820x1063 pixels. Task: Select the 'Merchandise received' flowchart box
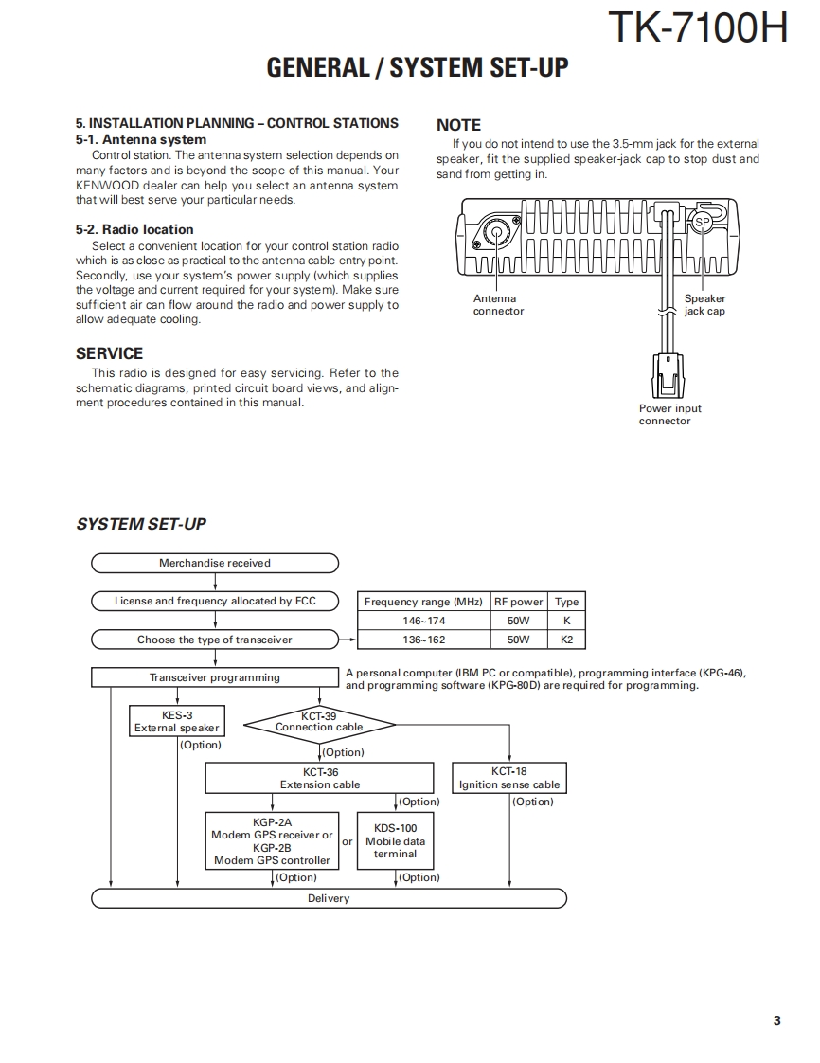pos(215,563)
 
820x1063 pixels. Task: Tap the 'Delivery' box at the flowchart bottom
pos(329,898)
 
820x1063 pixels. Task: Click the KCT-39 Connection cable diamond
pos(319,726)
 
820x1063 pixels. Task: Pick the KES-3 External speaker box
pos(177,721)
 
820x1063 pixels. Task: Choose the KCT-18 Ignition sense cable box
pos(509,778)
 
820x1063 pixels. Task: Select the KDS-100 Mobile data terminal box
pos(395,840)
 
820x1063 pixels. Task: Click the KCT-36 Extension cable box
pos(320,778)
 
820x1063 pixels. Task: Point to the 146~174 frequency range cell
pos(423,621)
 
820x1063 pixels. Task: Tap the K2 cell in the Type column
pos(566,640)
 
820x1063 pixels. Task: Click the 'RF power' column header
pos(519,602)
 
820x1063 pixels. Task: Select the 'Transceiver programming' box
pos(215,677)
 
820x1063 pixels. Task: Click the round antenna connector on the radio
pos(495,232)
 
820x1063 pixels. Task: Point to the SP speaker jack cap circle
pos(702,224)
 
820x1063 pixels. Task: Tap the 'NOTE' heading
pos(458,125)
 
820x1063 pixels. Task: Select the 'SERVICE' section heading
pos(109,353)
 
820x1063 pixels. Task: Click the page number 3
pos(776,1020)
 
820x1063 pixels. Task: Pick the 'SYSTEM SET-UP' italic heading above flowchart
pos(141,524)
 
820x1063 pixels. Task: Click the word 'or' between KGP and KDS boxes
pos(348,841)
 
